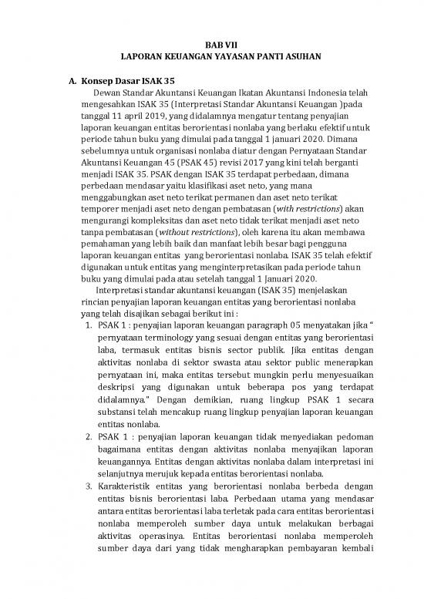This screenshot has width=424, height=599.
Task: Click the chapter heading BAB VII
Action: click(x=211, y=45)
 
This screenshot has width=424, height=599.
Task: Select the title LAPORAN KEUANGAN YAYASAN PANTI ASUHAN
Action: click(x=211, y=57)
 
